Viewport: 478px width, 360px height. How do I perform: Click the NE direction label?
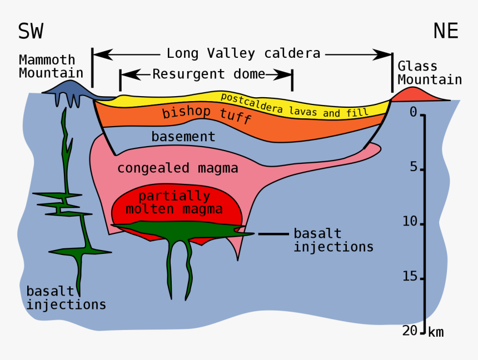pos(446,31)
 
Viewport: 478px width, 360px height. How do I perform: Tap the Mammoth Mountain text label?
pos(51,66)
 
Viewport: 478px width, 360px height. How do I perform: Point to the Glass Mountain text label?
pos(429,73)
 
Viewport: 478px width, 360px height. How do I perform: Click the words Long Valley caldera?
pos(243,53)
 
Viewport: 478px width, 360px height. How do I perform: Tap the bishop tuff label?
pos(206,114)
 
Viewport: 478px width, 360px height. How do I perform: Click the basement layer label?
pos(183,136)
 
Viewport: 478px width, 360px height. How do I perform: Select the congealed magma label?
pos(177,168)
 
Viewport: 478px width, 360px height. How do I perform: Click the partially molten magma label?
pos(174,203)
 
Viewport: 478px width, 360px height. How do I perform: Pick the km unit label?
pos(436,332)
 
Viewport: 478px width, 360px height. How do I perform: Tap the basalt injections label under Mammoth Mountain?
pos(66,298)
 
